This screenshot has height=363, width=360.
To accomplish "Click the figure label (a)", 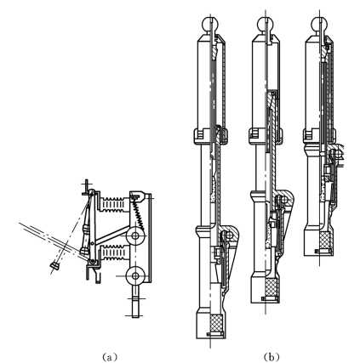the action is [x=109, y=357].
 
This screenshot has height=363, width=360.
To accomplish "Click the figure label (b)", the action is [x=271, y=357].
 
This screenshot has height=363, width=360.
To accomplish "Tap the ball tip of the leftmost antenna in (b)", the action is [x=210, y=24].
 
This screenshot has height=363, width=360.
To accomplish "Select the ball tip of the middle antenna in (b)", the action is [x=265, y=24].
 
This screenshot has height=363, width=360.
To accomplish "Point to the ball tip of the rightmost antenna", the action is [x=319, y=24].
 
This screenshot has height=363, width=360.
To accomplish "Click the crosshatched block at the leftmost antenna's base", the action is [x=216, y=323].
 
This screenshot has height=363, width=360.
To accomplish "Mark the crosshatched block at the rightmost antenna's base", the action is [x=324, y=240].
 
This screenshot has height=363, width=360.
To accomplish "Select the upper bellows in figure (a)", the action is [x=112, y=204].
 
